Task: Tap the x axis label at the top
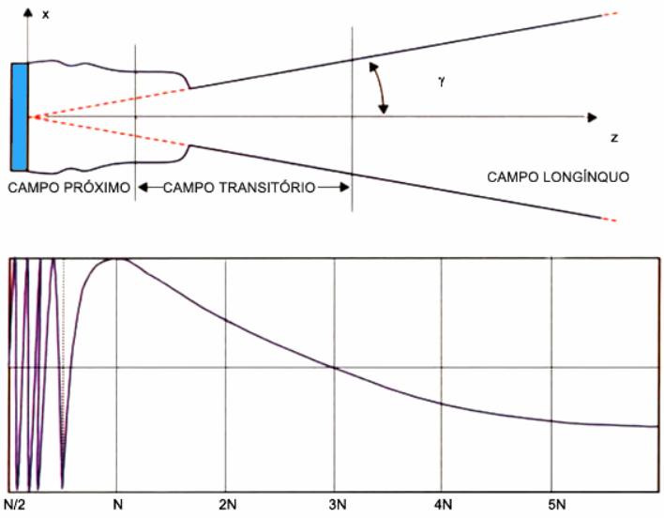45,15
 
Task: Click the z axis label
613,138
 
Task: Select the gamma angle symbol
440,82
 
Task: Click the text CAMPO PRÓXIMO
67,187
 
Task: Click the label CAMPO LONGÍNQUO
557,175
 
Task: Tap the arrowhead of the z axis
592,117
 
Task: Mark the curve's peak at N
117,258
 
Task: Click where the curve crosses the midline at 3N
335,366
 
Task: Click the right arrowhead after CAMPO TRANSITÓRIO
344,187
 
